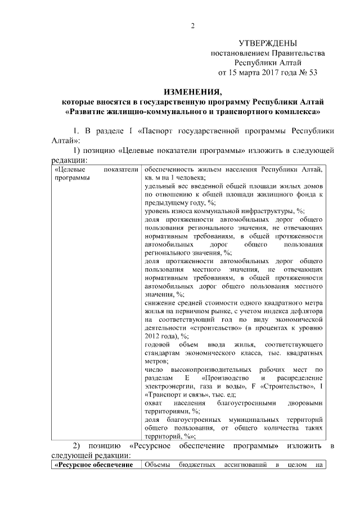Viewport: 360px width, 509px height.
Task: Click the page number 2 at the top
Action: click(192, 25)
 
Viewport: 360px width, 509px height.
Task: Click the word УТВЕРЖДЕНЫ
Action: click(268, 43)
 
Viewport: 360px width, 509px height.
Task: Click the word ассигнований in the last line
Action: click(246, 465)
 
